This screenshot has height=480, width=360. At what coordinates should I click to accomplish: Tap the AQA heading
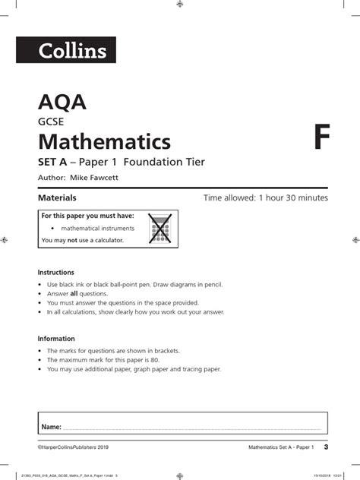pos(55,103)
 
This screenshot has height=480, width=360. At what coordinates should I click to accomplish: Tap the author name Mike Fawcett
pos(97,178)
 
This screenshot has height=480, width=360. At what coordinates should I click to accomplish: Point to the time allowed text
pos(266,198)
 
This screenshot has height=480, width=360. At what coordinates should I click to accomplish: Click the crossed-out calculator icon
pos(159,228)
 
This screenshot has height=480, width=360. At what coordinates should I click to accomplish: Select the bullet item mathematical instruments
pos(97,228)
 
